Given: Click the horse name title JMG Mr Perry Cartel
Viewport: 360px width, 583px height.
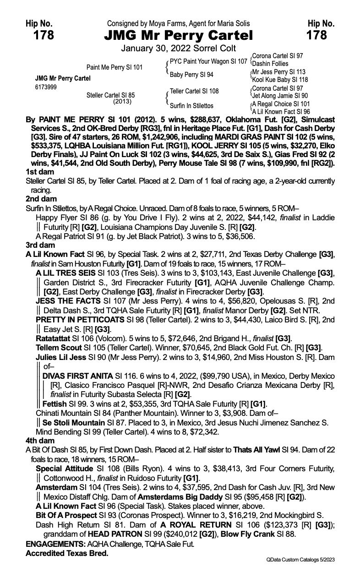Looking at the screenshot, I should point(179,35).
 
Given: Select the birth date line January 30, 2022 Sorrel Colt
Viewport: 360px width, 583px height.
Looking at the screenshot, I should point(179,48).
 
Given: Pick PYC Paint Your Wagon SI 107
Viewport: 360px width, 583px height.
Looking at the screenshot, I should point(208,61).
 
